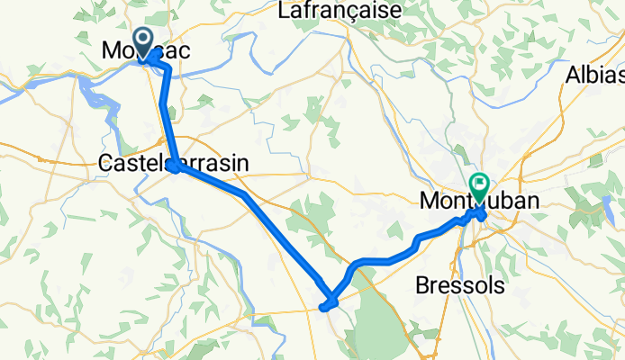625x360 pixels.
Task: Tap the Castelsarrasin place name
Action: pos(174,163)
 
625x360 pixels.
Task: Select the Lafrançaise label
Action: pos(340,12)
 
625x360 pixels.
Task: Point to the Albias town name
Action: pos(595,76)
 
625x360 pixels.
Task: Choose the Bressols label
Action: pos(459,285)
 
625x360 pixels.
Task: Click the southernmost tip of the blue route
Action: pos(325,307)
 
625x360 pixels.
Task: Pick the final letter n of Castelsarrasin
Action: pos(243,163)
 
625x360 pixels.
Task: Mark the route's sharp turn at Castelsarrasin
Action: pos(174,166)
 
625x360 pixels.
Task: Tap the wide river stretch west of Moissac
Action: pos(90,85)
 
